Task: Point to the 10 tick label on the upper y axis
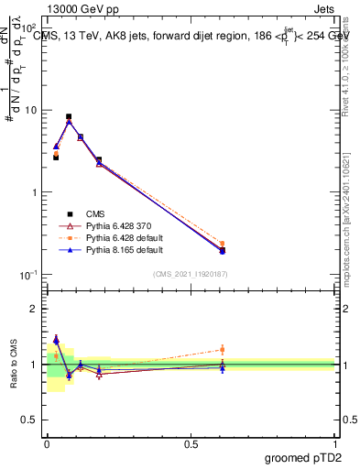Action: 31,110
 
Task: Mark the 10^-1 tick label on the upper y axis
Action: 29,275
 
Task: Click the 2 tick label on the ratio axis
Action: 36,309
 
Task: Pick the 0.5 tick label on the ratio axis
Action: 32,420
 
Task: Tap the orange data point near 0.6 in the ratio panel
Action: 223,349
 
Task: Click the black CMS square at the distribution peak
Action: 69,116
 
